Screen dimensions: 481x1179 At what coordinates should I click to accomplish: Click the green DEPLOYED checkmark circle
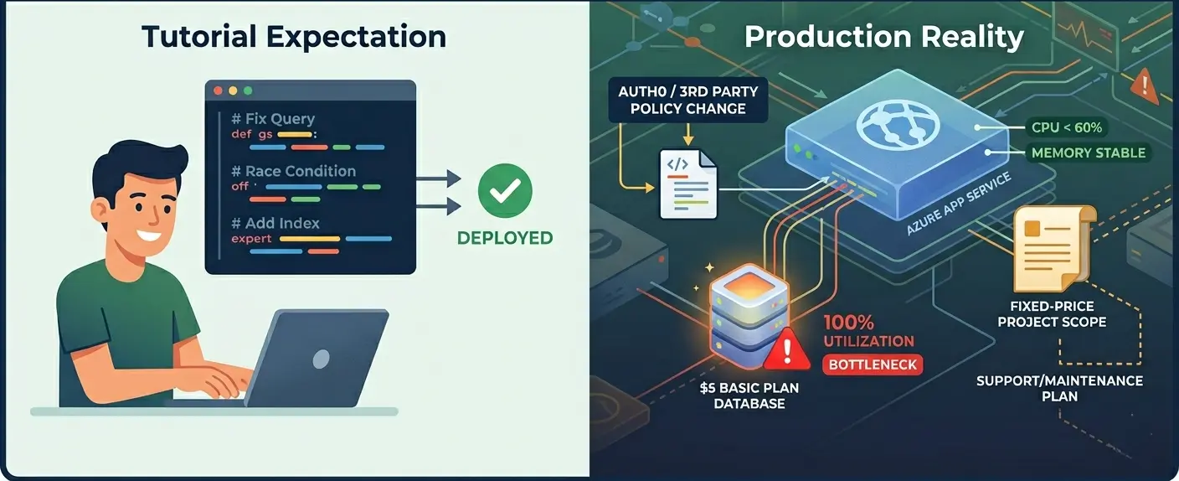(505, 192)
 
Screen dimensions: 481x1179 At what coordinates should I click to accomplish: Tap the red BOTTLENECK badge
(872, 365)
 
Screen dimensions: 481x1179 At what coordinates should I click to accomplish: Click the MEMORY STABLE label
(1089, 153)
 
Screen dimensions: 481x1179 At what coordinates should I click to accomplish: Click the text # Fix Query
(274, 118)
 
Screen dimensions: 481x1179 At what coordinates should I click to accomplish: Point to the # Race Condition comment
(294, 171)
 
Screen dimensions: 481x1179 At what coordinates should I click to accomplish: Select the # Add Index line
(276, 224)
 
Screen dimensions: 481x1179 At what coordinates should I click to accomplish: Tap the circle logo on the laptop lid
(321, 359)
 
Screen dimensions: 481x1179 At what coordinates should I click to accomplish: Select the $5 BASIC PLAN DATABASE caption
(749, 396)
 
